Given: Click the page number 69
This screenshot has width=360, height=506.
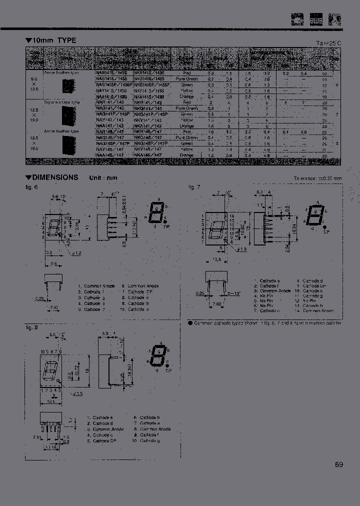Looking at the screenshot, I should tap(339, 464).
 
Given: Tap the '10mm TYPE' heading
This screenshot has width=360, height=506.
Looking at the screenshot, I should tap(54, 40).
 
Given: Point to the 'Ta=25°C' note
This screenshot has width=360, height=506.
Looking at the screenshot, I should tap(329, 43).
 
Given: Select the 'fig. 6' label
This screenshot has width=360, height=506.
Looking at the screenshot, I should tap(32, 187).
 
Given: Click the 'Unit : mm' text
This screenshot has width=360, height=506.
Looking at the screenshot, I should tap(103, 178).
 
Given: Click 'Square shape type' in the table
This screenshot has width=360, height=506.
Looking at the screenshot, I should tap(61, 102).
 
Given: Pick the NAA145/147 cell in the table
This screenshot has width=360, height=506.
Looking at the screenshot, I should tap(111, 155).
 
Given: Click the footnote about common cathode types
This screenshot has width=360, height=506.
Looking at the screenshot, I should tap(264, 323).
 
